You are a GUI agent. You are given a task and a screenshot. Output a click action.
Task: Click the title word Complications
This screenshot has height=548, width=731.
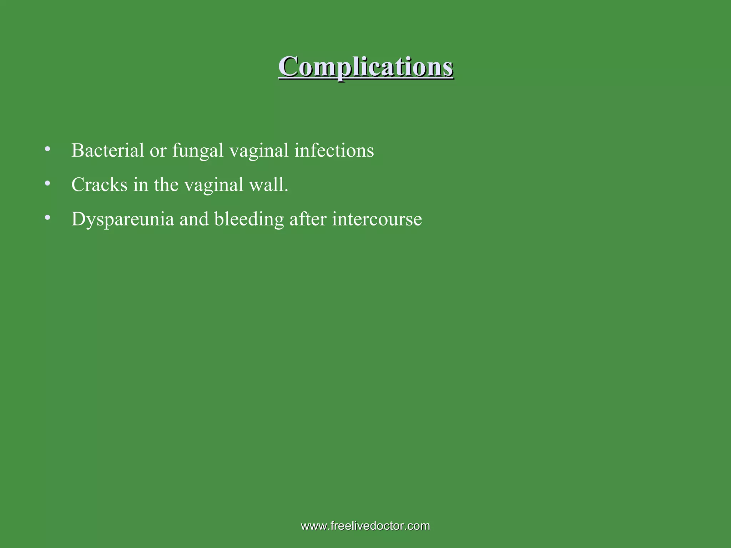click(365, 67)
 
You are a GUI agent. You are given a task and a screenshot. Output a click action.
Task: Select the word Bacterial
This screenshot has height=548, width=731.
click(107, 150)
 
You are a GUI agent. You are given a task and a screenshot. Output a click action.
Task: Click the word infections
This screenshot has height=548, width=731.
click(334, 150)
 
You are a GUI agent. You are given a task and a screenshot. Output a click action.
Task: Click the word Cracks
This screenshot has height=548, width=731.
click(99, 185)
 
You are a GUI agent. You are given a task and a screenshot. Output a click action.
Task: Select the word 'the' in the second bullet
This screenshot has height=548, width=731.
click(166, 185)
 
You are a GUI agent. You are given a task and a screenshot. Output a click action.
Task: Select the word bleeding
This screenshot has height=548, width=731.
click(249, 219)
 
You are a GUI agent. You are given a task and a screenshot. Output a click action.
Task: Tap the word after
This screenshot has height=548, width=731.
click(308, 219)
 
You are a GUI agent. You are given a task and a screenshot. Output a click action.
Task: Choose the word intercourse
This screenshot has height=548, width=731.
click(377, 219)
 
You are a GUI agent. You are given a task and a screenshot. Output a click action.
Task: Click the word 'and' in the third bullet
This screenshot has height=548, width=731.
click(194, 219)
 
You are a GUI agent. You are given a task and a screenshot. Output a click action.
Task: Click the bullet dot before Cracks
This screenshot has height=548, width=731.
click(47, 183)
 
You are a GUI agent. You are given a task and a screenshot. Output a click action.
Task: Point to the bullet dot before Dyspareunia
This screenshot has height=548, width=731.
click(47, 217)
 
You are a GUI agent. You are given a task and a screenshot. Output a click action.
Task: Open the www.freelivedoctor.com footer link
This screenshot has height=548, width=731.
click(365, 526)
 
